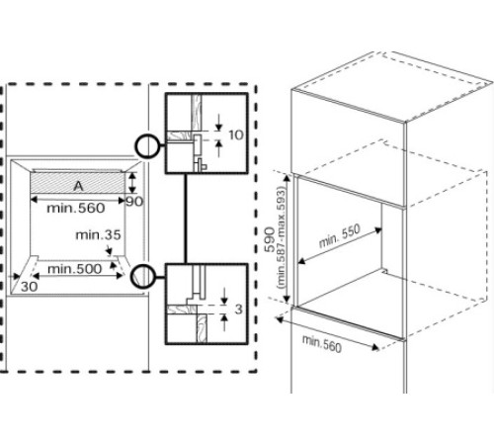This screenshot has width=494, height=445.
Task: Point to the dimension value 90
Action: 134,202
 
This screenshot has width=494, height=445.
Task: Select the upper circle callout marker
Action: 148,147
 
